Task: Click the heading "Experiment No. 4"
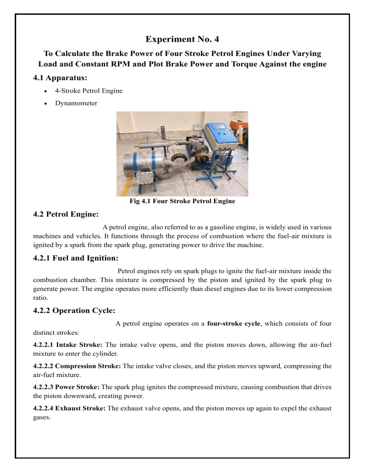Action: click(182, 41)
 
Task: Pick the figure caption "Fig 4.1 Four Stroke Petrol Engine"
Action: click(182, 201)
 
